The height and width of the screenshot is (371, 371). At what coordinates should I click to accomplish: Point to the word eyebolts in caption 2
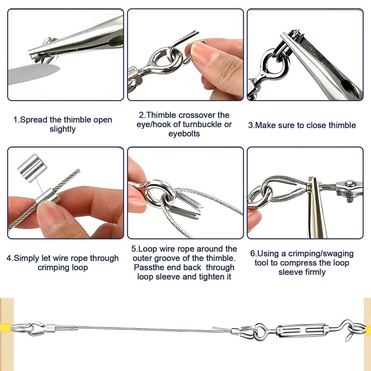point(184,134)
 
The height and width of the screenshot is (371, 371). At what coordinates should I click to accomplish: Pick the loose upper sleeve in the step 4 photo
point(32,168)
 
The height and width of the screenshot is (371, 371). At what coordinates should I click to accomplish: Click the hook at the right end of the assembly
point(353,330)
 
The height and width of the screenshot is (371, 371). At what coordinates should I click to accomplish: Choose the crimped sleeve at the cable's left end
point(50,328)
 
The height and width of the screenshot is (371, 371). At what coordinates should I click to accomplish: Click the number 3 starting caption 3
point(250,125)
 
